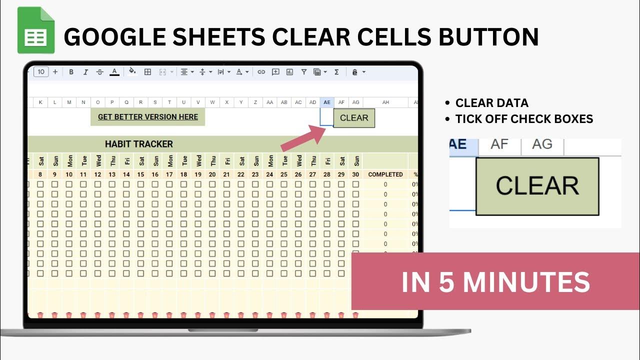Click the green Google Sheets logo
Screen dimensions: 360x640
[x=35, y=30]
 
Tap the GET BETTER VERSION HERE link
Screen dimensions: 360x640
[x=148, y=117]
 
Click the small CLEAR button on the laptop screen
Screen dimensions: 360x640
[x=354, y=118]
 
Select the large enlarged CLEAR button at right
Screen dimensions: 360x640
[x=537, y=186]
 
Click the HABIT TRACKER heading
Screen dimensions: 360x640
[x=139, y=144]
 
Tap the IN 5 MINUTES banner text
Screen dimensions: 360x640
[x=495, y=282]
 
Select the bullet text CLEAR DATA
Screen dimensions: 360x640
[x=491, y=103]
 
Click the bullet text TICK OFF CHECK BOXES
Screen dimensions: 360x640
[x=524, y=119]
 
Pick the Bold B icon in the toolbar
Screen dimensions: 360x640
[x=71, y=72]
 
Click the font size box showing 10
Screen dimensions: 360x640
[x=41, y=72]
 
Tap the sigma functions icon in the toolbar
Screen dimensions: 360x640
[x=336, y=72]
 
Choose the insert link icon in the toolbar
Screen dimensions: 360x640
[x=261, y=72]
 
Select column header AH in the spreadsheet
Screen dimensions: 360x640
[x=385, y=102]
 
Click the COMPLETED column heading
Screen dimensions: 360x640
[x=385, y=174]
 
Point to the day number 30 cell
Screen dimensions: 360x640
[x=355, y=174]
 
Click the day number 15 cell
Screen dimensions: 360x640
[x=140, y=174]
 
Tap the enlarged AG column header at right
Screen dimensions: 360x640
[x=542, y=144]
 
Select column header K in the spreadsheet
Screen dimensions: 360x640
[x=40, y=102]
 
